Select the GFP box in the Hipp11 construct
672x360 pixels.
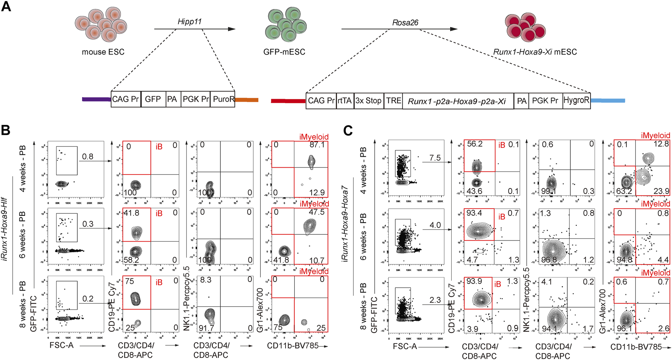coord(153,99)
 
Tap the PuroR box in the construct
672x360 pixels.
coord(223,99)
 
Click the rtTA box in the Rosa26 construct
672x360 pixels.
coord(345,101)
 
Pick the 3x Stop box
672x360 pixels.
coord(369,101)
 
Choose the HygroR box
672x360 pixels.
coord(576,101)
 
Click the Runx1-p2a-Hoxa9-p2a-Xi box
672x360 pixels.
coord(457,101)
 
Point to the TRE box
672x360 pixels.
coord(393,101)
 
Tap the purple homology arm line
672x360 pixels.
coord(96,99)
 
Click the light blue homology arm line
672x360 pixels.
coord(608,101)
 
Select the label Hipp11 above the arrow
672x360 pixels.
coord(189,22)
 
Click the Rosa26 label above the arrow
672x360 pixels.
coord(405,23)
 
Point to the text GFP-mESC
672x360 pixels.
coord(284,52)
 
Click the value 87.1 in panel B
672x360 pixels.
coord(317,145)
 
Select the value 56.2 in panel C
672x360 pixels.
coord(474,144)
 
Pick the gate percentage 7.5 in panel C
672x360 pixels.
coord(435,158)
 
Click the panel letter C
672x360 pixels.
coord(348,131)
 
